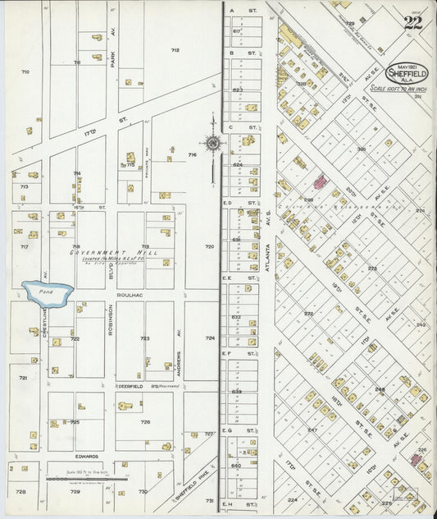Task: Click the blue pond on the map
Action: [x=48, y=293]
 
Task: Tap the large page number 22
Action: [x=412, y=23]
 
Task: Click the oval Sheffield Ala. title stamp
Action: [x=407, y=73]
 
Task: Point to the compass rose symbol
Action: [x=212, y=144]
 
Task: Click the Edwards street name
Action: [x=88, y=456]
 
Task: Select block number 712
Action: [x=175, y=50]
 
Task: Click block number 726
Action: [x=145, y=422]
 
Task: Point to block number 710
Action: [x=25, y=72]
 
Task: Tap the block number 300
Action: [x=361, y=149]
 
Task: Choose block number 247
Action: [x=312, y=429]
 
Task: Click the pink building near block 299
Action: [x=319, y=181]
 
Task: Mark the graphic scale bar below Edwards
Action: [x=87, y=477]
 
